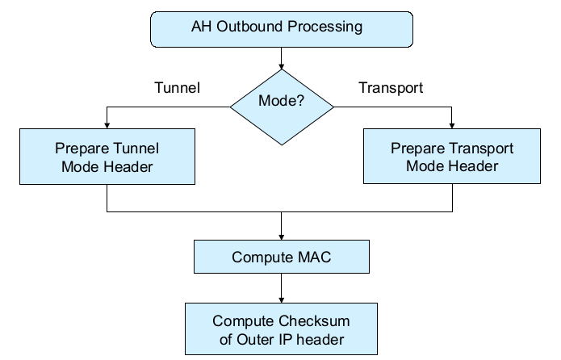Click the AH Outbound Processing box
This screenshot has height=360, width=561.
pyautogui.click(x=281, y=28)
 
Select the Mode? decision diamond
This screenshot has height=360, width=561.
pyautogui.click(x=281, y=103)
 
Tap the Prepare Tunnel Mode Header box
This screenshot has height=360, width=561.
pyautogui.click(x=107, y=157)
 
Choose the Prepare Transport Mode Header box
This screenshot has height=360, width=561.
pyautogui.click(x=451, y=157)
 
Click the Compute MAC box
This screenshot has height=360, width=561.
pyautogui.click(x=281, y=257)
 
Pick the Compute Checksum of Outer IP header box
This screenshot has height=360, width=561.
pyautogui.click(x=281, y=329)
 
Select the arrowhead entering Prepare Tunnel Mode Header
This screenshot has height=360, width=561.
pyautogui.click(x=107, y=126)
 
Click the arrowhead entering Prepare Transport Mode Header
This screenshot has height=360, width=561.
pyautogui.click(x=452, y=126)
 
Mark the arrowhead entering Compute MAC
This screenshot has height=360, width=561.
pyautogui.click(x=281, y=237)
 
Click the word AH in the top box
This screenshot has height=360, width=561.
pyautogui.click(x=201, y=27)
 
